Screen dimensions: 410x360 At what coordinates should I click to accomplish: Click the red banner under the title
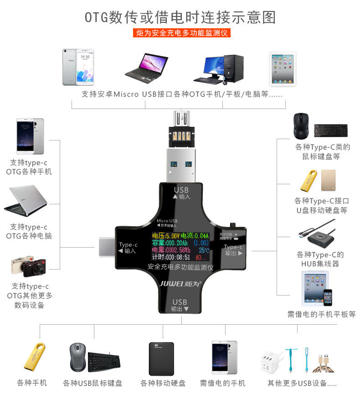181,33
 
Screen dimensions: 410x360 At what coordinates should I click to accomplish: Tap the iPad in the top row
283,68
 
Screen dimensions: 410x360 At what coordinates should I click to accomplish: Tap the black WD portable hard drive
161,358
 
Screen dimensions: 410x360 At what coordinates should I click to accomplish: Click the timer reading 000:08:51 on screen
171,257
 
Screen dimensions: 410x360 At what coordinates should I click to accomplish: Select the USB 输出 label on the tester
180,305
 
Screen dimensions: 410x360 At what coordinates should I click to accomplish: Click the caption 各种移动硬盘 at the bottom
163,383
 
